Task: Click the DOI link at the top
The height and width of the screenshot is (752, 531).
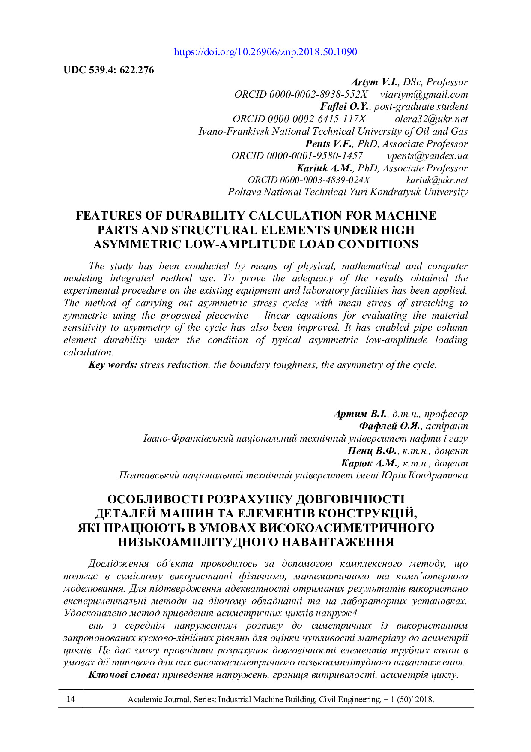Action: (265, 52)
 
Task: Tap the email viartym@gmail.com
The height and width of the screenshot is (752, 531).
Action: (424, 94)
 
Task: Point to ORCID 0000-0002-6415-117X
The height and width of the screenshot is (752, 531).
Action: (299, 119)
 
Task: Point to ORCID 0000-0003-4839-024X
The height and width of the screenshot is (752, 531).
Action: (309, 180)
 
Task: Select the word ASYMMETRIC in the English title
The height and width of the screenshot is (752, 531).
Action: (137, 244)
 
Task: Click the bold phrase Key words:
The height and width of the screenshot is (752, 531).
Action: (113, 365)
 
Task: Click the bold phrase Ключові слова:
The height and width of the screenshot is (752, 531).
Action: (124, 675)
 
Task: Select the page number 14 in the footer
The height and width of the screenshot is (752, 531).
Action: (71, 699)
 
